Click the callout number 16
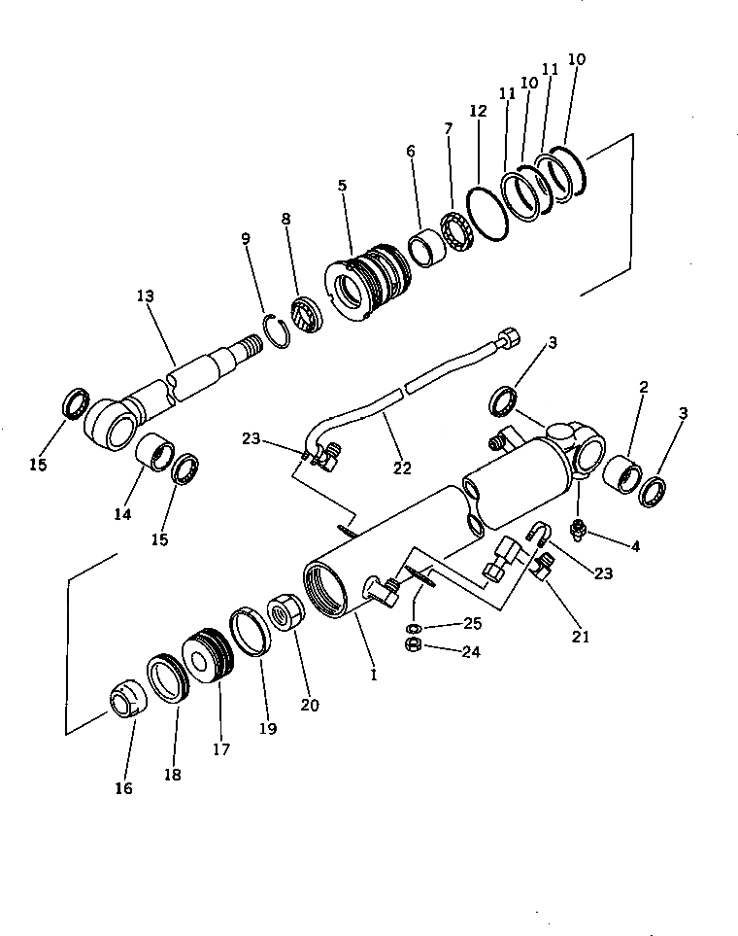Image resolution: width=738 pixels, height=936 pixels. click(123, 788)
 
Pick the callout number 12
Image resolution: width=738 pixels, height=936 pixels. click(478, 112)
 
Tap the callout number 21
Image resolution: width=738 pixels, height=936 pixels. click(582, 638)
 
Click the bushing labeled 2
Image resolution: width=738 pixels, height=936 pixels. click(621, 473)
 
